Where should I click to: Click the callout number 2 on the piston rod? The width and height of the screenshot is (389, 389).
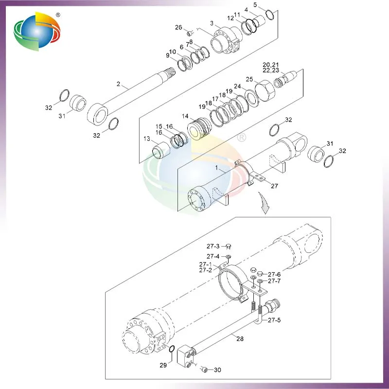pos(118,84)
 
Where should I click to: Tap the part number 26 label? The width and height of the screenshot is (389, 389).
pos(178,27)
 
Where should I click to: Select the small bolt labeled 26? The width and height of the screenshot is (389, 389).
pos(191,33)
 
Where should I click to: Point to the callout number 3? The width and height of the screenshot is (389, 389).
pos(212,23)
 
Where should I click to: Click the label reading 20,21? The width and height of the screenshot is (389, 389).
pos(271,65)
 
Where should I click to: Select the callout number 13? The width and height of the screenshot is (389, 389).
pos(147,139)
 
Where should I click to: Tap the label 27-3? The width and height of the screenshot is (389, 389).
pos(213,247)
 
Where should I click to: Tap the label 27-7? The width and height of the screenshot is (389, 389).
pos(274,281)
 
